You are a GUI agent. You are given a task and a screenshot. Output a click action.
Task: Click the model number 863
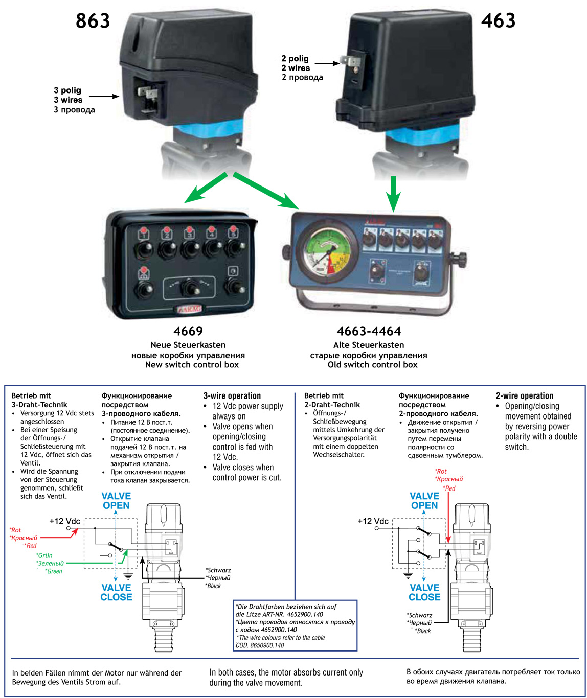click(x=93, y=21)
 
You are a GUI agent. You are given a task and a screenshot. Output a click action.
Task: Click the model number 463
click(x=498, y=21)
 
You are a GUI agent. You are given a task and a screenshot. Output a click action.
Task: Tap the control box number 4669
click(x=188, y=331)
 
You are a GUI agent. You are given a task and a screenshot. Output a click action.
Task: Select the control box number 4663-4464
click(x=369, y=331)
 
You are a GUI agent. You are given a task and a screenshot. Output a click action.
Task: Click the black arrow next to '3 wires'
click(x=104, y=96)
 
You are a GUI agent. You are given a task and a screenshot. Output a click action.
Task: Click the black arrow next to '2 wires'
click(x=329, y=64)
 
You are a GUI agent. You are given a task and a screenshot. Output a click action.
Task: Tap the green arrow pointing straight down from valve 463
click(x=393, y=194)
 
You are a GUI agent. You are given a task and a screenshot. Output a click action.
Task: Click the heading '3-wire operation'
click(x=232, y=396)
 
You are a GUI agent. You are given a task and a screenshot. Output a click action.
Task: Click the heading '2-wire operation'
click(x=525, y=396)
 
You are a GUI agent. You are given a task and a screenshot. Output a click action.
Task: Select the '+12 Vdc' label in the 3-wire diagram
click(x=64, y=521)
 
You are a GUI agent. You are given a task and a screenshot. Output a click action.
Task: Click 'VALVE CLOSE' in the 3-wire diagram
click(x=116, y=592)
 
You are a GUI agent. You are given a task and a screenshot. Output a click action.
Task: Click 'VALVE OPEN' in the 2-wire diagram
click(x=424, y=501)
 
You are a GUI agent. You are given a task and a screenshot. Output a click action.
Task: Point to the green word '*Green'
click(x=54, y=571)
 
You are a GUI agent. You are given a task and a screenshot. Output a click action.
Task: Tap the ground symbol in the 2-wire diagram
click(x=408, y=575)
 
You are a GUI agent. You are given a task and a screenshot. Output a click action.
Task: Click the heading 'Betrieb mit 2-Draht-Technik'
click(x=332, y=400)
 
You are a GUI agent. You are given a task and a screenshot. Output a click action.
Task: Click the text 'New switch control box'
click(x=192, y=365)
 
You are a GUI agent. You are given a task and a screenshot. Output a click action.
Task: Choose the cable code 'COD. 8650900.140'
click(x=260, y=645)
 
